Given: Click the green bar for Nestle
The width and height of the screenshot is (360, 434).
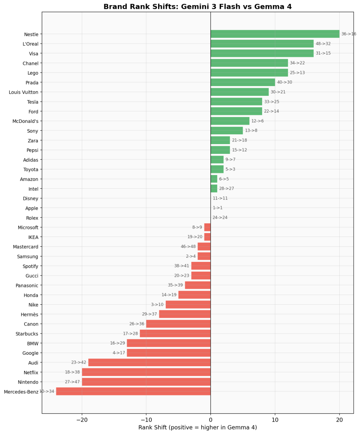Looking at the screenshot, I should tap(275, 34).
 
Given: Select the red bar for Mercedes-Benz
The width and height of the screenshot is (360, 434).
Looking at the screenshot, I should tap(133, 391).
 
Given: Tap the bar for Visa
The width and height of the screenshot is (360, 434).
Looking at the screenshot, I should tap(262, 53).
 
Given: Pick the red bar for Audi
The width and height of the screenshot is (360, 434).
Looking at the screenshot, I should tap(149, 362).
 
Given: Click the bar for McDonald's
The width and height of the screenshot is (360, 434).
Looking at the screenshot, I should tap(230, 121).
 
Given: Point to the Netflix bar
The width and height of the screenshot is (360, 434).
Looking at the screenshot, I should tap(146, 372).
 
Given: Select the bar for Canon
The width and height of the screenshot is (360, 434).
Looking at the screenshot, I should tap(179, 324).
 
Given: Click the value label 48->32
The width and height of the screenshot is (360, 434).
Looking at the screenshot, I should tap(323, 44).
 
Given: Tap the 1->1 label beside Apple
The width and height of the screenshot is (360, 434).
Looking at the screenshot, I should tap(218, 208).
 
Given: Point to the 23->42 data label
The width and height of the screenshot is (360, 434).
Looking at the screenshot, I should tap(78, 362).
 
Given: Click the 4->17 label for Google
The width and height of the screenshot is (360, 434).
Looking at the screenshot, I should tap(117, 353).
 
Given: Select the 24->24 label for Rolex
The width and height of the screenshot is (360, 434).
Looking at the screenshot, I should tap(220, 217).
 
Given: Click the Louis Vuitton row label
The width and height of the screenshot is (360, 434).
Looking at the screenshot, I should tap(23, 92).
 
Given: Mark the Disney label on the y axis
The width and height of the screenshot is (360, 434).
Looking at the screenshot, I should tap(31, 198).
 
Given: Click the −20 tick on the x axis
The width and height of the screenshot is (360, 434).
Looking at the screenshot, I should tap(82, 420).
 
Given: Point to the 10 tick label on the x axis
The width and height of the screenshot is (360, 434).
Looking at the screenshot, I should tap(275, 420).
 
